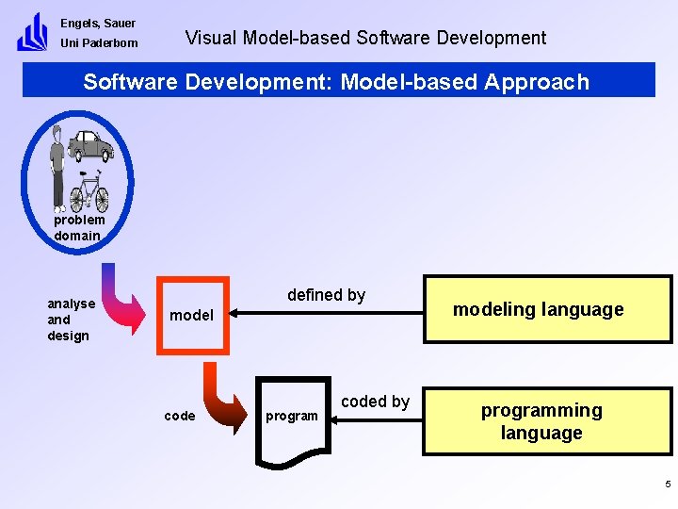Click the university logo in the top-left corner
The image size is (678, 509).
click(x=32, y=32)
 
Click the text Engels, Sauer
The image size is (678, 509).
click(x=98, y=23)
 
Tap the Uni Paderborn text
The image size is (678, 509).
click(x=99, y=43)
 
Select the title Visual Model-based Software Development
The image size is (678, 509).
click(x=365, y=39)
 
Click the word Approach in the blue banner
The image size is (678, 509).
click(x=537, y=81)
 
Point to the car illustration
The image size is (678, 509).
click(x=90, y=145)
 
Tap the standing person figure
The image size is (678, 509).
click(x=58, y=166)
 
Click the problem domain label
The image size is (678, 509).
click(x=79, y=227)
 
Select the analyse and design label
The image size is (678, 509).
click(x=71, y=320)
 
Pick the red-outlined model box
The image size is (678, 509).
click(x=192, y=315)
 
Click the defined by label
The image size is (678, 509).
click(x=326, y=295)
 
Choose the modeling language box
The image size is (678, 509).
click(x=548, y=309)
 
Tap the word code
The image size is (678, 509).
click(x=180, y=416)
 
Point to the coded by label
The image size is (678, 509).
click(x=375, y=402)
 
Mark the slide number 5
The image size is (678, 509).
click(x=668, y=484)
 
